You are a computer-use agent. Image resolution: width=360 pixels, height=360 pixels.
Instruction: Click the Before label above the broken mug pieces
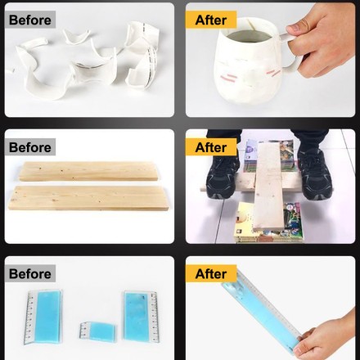pyautogui.click(x=30, y=20)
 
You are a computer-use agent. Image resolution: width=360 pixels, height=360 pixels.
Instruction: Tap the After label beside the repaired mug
pyautogui.click(x=211, y=20)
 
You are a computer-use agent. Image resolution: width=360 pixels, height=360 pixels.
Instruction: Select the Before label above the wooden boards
pyautogui.click(x=30, y=147)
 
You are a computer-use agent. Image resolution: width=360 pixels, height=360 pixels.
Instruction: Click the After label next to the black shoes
pyautogui.click(x=211, y=147)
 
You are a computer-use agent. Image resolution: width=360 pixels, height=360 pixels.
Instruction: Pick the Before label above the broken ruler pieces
pyautogui.click(x=30, y=273)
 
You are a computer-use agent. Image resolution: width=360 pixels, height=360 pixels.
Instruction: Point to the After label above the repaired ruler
pyautogui.click(x=211, y=273)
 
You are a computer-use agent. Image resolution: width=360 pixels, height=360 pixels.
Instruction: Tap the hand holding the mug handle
pyautogui.click(x=322, y=41)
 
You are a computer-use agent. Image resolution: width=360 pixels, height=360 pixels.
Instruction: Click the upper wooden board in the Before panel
pyautogui.click(x=88, y=171)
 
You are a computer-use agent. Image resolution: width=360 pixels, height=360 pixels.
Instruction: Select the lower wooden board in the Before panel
pyautogui.click(x=88, y=198)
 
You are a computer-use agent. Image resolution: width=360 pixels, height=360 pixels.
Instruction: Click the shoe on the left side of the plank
pyautogui.click(x=223, y=174)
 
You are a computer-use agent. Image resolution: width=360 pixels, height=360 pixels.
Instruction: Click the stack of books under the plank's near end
pyautogui.click(x=268, y=223)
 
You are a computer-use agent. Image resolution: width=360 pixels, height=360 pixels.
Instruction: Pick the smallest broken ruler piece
pyautogui.click(x=97, y=331)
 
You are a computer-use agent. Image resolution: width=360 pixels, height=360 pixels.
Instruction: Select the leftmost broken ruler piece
pyautogui.click(x=43, y=317)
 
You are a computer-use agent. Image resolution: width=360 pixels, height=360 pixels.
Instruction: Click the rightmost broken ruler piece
pyautogui.click(x=140, y=317)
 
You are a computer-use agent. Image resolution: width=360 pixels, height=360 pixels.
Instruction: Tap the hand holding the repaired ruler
pyautogui.click(x=327, y=337)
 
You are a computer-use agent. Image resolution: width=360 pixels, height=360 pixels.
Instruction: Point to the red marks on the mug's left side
pyautogui.click(x=228, y=78)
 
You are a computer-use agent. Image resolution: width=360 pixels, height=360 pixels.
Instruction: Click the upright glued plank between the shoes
pyautogui.click(x=268, y=186)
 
